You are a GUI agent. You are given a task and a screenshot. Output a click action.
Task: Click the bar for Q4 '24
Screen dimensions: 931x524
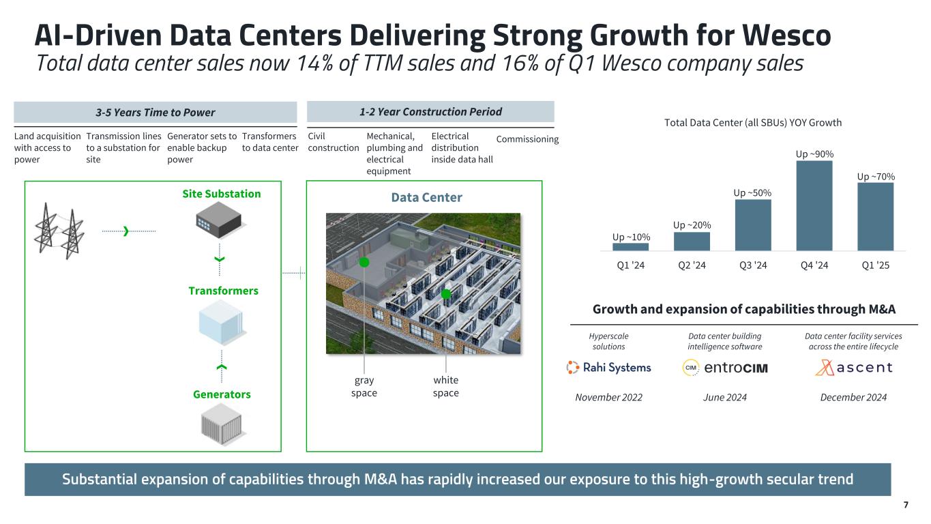click(814, 205)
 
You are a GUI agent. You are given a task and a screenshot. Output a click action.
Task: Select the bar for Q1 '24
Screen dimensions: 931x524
click(630, 247)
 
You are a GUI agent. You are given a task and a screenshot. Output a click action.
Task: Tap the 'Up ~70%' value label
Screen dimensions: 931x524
click(876, 177)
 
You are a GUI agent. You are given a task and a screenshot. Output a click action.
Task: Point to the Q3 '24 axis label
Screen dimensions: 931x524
click(753, 265)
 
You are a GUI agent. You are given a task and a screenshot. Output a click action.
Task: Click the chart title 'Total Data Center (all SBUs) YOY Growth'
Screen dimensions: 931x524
click(753, 123)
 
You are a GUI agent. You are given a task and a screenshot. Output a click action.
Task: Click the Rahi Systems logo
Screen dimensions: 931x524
click(609, 368)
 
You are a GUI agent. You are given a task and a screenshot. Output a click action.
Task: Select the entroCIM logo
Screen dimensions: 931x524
click(725, 368)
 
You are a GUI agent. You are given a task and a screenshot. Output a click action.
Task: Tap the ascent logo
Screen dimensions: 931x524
click(854, 368)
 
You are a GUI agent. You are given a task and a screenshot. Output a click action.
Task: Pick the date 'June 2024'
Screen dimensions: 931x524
click(725, 398)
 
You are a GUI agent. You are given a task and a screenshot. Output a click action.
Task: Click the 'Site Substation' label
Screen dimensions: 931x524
click(222, 194)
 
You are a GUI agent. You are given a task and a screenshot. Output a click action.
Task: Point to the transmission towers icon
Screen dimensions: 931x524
click(59, 231)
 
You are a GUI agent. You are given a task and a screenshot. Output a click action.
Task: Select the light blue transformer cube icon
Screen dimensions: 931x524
click(221, 323)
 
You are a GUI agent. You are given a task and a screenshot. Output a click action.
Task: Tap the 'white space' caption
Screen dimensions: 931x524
click(445, 386)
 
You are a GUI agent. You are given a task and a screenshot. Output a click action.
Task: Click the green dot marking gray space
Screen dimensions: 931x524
click(364, 263)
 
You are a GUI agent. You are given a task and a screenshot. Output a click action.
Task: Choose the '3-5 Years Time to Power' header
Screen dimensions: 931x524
click(156, 113)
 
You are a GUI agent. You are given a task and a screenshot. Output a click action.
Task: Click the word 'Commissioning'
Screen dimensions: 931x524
click(527, 139)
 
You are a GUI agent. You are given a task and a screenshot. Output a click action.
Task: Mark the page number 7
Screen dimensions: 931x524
click(906, 505)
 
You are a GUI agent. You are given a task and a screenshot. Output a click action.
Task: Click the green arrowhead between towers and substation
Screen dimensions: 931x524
click(126, 231)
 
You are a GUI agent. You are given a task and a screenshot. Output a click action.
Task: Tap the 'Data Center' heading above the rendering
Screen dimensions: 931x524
click(426, 198)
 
